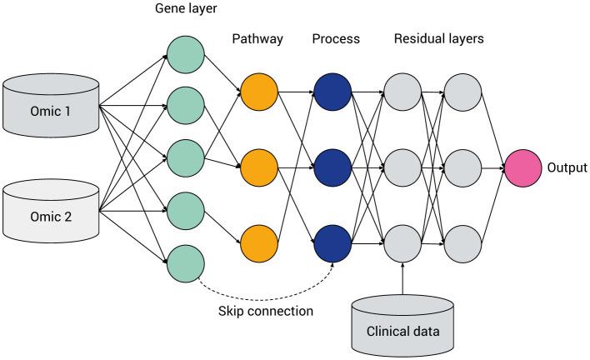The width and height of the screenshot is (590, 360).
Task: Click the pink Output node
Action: point(523,168)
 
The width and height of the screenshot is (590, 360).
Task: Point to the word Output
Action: point(567,168)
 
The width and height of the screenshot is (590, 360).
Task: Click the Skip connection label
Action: point(264,311)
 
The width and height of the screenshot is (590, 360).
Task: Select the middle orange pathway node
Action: point(258,168)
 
